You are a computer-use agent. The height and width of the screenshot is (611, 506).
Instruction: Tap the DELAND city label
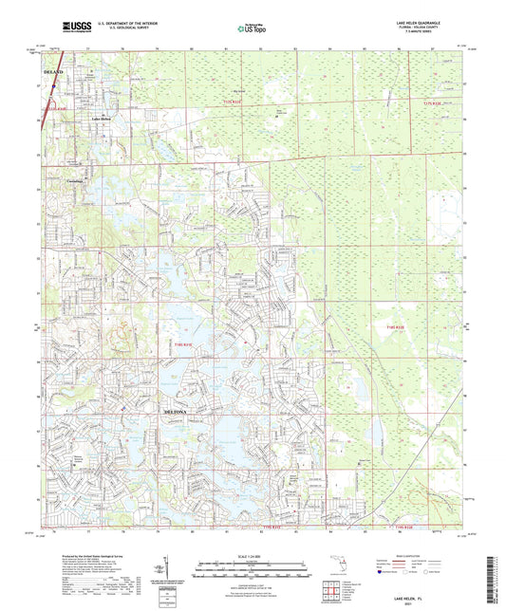(x=54, y=72)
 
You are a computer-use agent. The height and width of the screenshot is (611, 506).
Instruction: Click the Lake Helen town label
(x=102, y=119)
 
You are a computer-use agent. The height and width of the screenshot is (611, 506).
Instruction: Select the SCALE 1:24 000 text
(x=252, y=557)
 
